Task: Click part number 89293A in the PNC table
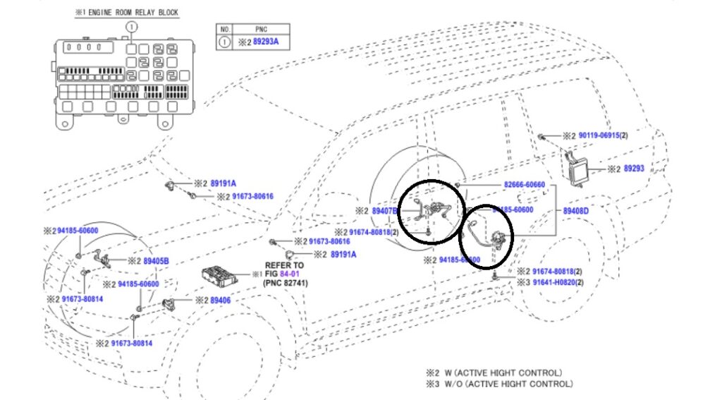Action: point(266,42)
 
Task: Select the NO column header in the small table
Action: point(224,30)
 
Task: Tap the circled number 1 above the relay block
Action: point(130,27)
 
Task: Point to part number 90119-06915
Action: point(599,135)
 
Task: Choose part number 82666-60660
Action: point(524,185)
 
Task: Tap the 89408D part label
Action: point(575,210)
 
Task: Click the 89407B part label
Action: point(385,210)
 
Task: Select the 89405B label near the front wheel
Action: point(156,260)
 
